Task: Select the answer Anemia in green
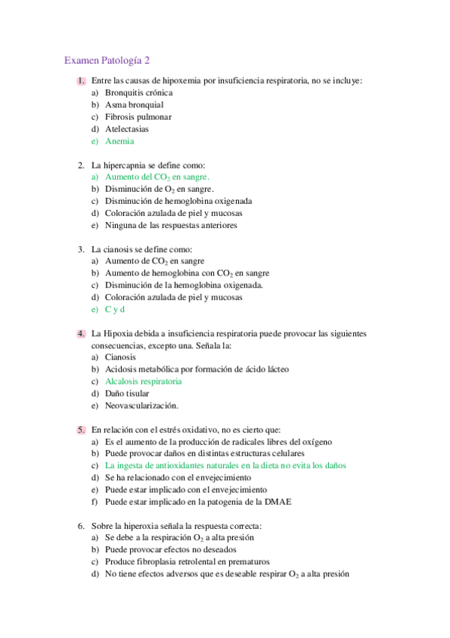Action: click(120, 141)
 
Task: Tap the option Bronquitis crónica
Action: click(139, 93)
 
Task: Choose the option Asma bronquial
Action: click(134, 105)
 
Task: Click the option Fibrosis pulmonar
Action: click(138, 117)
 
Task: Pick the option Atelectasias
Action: click(126, 129)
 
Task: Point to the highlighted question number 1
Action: click(80, 81)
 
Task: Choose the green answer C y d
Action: click(114, 309)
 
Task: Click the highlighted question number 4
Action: click(80, 333)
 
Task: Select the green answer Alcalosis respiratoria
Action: click(143, 381)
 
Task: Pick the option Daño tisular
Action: click(127, 393)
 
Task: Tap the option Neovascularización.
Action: click(141, 406)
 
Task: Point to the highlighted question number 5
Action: click(80, 430)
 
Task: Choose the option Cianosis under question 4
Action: click(120, 357)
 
